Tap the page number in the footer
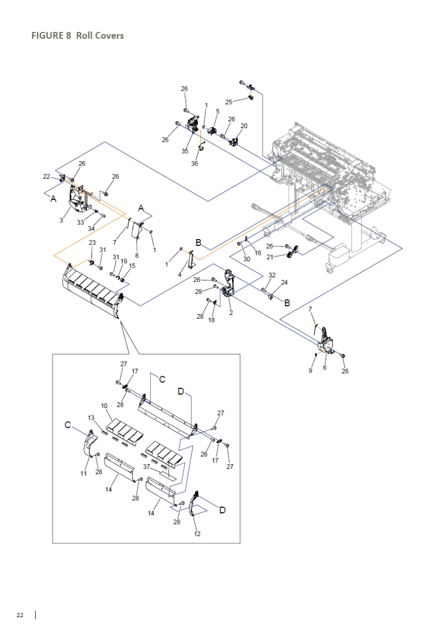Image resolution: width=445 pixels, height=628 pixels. pos(20,614)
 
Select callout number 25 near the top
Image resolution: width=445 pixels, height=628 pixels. pos(229,102)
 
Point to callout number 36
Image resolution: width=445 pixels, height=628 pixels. pos(195,163)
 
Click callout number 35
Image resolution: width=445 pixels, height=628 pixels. pos(185,151)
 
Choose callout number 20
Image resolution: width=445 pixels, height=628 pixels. pos(244,126)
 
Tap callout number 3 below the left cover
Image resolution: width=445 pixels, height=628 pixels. pos(61,220)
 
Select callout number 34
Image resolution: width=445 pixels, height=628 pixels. pos(91,228)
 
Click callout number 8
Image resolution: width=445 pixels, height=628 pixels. pos(137,255)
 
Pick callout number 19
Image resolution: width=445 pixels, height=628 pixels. pos(124,261)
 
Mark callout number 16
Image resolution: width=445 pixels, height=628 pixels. pos(258,253)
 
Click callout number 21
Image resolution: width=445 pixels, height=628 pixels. pos(269,257)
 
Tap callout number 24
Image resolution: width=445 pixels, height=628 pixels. pos(284,283)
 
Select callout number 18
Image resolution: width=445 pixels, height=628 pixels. pos(212,320)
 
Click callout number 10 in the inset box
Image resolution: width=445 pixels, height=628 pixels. pos(104,406)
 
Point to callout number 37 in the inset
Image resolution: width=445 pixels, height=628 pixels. pos(147,466)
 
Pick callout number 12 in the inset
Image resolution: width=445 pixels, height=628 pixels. pos(197,534)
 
